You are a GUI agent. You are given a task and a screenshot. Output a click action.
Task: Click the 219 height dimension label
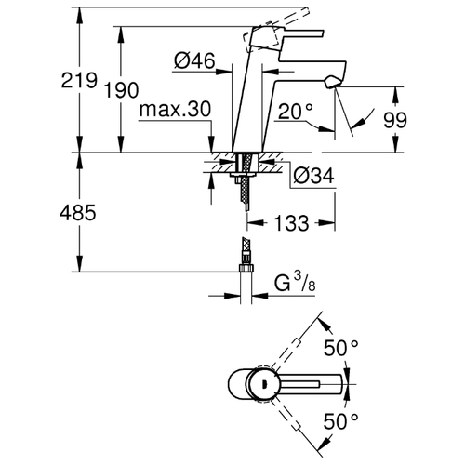(79, 80)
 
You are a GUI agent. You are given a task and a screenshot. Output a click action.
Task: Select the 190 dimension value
(121, 90)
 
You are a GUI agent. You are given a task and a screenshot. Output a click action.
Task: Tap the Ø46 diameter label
(194, 60)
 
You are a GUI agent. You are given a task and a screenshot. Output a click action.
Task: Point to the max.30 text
(175, 109)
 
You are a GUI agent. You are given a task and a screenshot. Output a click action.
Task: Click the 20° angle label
(296, 112)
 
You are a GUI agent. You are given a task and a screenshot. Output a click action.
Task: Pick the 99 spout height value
(395, 120)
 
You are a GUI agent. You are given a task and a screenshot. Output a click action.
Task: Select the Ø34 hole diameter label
(313, 176)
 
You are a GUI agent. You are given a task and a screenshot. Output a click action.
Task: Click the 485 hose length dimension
(78, 213)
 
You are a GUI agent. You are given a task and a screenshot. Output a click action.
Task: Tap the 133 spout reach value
(291, 223)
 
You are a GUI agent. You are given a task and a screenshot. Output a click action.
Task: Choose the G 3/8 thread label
(295, 283)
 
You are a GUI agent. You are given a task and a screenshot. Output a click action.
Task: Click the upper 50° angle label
(341, 348)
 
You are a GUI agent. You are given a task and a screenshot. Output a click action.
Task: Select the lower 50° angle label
(341, 421)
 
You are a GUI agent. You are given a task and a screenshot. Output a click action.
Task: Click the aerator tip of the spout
(332, 83)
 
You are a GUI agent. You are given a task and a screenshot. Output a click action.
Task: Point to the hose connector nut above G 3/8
(246, 268)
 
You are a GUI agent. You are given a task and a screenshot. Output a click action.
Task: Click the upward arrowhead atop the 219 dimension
(80, 15)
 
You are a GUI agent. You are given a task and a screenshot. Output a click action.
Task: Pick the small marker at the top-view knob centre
(264, 385)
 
